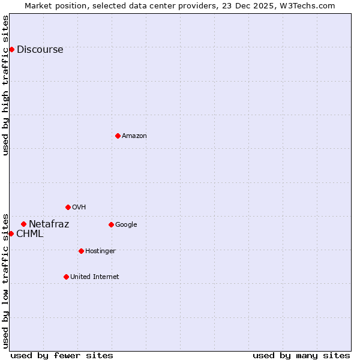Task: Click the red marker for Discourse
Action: pos(11,49)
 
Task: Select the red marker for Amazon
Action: pos(118,136)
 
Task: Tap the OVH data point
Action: pos(68,207)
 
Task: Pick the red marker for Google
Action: pos(111,224)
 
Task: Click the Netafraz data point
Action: pos(23,224)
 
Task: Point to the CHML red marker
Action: pos(11,233)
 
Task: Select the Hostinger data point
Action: pos(81,251)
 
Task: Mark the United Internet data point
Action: pos(66,277)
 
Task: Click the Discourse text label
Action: pos(40,50)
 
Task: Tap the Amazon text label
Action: pos(134,136)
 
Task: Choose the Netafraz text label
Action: pos(49,224)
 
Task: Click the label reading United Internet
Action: pos(94,277)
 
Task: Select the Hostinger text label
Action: pos(100,251)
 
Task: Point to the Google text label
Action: pos(126,225)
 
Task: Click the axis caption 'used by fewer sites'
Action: pos(62,355)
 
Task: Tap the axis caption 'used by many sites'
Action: pos(301,355)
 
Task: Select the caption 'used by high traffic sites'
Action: pos(6,85)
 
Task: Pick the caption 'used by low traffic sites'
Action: pos(6,280)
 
